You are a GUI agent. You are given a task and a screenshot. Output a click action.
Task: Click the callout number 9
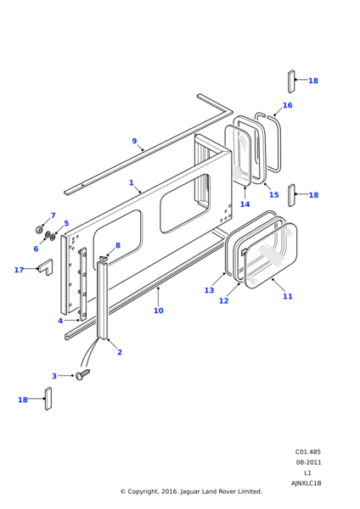pos(134,141)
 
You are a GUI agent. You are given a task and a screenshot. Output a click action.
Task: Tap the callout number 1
pos(132,182)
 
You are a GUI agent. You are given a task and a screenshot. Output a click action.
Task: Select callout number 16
pos(288,105)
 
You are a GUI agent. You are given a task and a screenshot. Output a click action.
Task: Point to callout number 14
pos(245,204)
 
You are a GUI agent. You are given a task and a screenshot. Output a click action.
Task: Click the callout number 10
pos(158,310)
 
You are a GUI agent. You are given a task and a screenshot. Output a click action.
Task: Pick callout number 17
pos(20,270)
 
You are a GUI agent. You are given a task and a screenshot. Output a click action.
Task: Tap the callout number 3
pos(54,376)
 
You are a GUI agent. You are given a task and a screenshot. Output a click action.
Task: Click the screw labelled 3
pos(82,375)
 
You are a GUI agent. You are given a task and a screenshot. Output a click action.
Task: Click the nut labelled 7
pos(39,230)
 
